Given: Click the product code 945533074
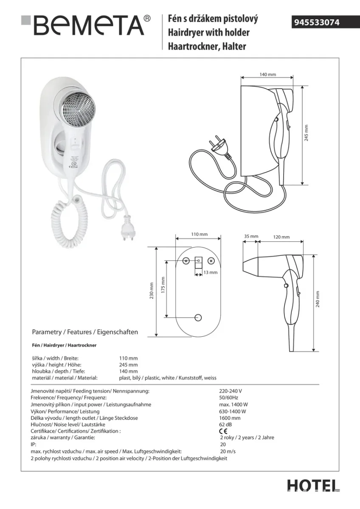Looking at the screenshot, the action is click(317, 22).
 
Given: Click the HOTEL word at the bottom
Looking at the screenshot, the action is click(313, 486).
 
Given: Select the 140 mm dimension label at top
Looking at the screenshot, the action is click(268, 74).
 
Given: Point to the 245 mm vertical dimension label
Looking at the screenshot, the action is click(307, 133).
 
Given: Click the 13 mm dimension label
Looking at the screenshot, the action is click(211, 272).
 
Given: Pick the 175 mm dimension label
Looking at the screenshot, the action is click(163, 285).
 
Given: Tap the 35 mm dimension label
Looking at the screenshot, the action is click(251, 236).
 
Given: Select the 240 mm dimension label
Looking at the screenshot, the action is click(318, 299).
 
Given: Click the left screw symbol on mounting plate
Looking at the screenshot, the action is click(186, 261).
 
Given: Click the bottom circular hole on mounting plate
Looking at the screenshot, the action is click(198, 317).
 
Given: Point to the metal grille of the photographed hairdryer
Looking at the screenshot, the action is click(79, 108).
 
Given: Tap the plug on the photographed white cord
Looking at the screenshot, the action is click(128, 228).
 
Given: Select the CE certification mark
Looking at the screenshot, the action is click(223, 431).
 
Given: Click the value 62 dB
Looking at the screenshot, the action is click(225, 424).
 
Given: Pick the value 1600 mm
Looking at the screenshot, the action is click(230, 418).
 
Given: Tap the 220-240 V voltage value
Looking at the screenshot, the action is click(231, 391).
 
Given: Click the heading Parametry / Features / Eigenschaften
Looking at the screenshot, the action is click(85, 332).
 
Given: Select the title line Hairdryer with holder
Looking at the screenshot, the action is click(208, 33).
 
